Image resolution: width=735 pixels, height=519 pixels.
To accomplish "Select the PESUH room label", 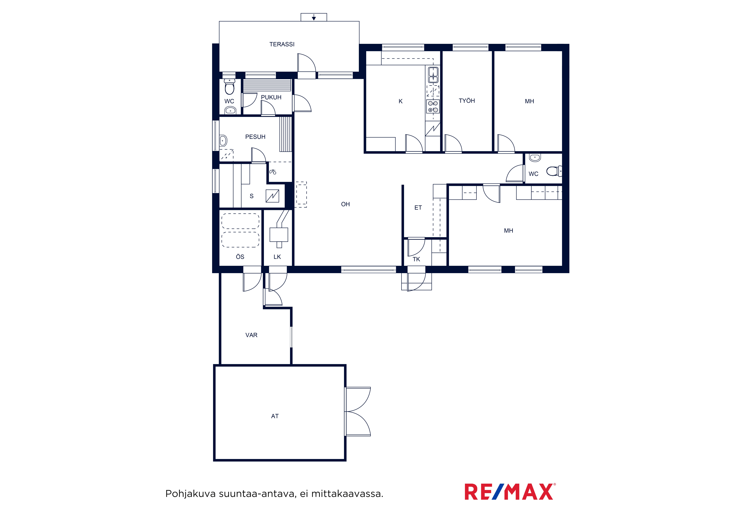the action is click(255, 137).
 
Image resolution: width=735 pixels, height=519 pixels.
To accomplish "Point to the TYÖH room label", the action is click(467, 101).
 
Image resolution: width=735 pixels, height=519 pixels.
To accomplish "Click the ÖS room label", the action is click(240, 256).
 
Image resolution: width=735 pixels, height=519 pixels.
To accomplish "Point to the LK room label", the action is click(277, 257).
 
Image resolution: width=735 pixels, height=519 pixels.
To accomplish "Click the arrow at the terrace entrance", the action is click(314, 17).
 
